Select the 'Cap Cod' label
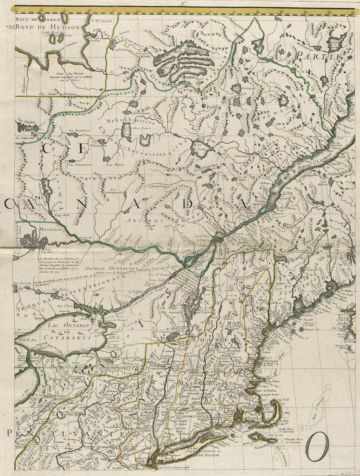(x=284, y=399)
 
